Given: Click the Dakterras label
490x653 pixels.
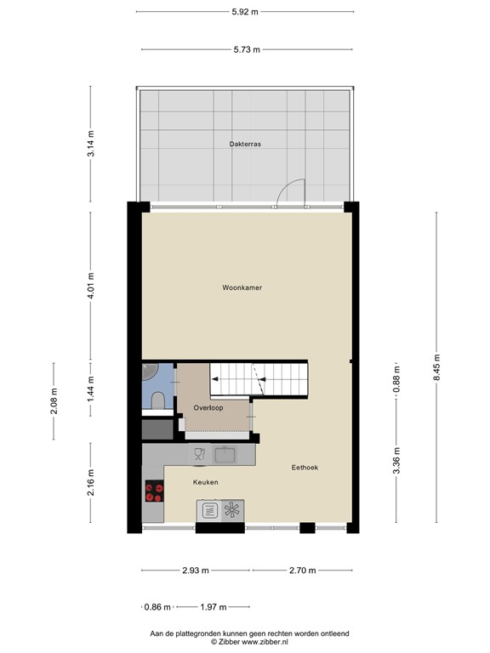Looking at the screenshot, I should (x=245, y=145).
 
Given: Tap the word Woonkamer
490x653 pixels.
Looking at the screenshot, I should (x=242, y=288).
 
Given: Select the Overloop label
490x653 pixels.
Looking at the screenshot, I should (x=208, y=408).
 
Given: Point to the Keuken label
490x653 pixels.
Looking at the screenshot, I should (x=205, y=482).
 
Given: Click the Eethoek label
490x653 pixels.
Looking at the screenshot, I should (x=305, y=468).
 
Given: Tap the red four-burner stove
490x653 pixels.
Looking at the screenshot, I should (x=155, y=491).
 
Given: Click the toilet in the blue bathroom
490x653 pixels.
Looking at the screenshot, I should (x=157, y=401).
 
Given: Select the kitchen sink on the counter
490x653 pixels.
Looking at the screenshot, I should (x=225, y=456).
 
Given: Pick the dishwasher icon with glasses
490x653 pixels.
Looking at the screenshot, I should (x=199, y=456).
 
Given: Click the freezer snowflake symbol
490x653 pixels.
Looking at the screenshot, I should (x=231, y=510).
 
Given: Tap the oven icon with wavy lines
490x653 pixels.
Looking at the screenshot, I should (x=208, y=510).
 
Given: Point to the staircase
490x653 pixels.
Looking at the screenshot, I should (x=259, y=379).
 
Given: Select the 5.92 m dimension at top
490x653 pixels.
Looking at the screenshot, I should (x=245, y=12).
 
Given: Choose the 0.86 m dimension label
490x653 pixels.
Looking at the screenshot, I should (x=158, y=607).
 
